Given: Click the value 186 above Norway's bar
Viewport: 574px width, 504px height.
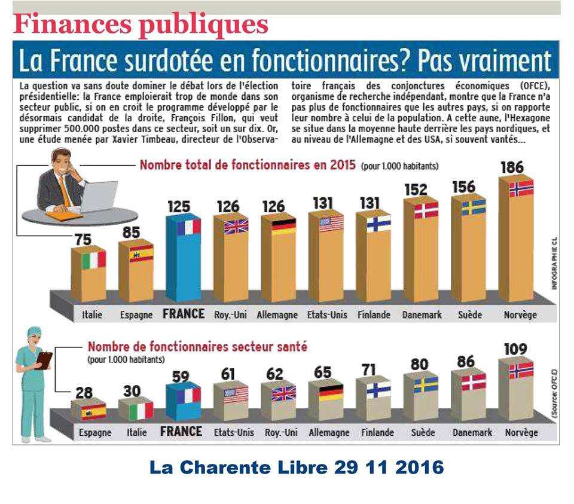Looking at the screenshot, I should [512, 167].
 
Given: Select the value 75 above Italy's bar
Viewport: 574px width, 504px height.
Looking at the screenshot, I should [83, 239].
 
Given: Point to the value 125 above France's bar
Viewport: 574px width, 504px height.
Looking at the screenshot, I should [178, 207].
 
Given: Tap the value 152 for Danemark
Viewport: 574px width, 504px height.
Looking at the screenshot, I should [415, 190].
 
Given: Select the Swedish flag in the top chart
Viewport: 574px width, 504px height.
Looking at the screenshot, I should [473, 207].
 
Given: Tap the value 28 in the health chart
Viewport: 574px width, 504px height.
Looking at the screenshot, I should [84, 393].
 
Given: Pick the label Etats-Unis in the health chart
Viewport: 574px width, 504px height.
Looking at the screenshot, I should [234, 432].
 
